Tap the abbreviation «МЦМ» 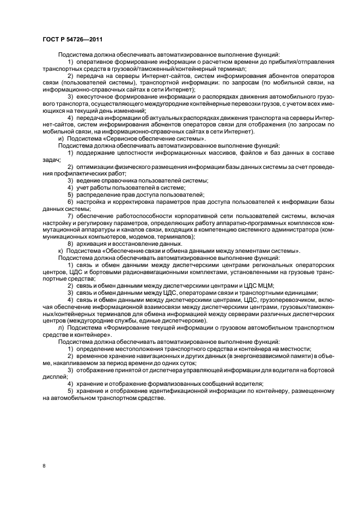tap(264, 286)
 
